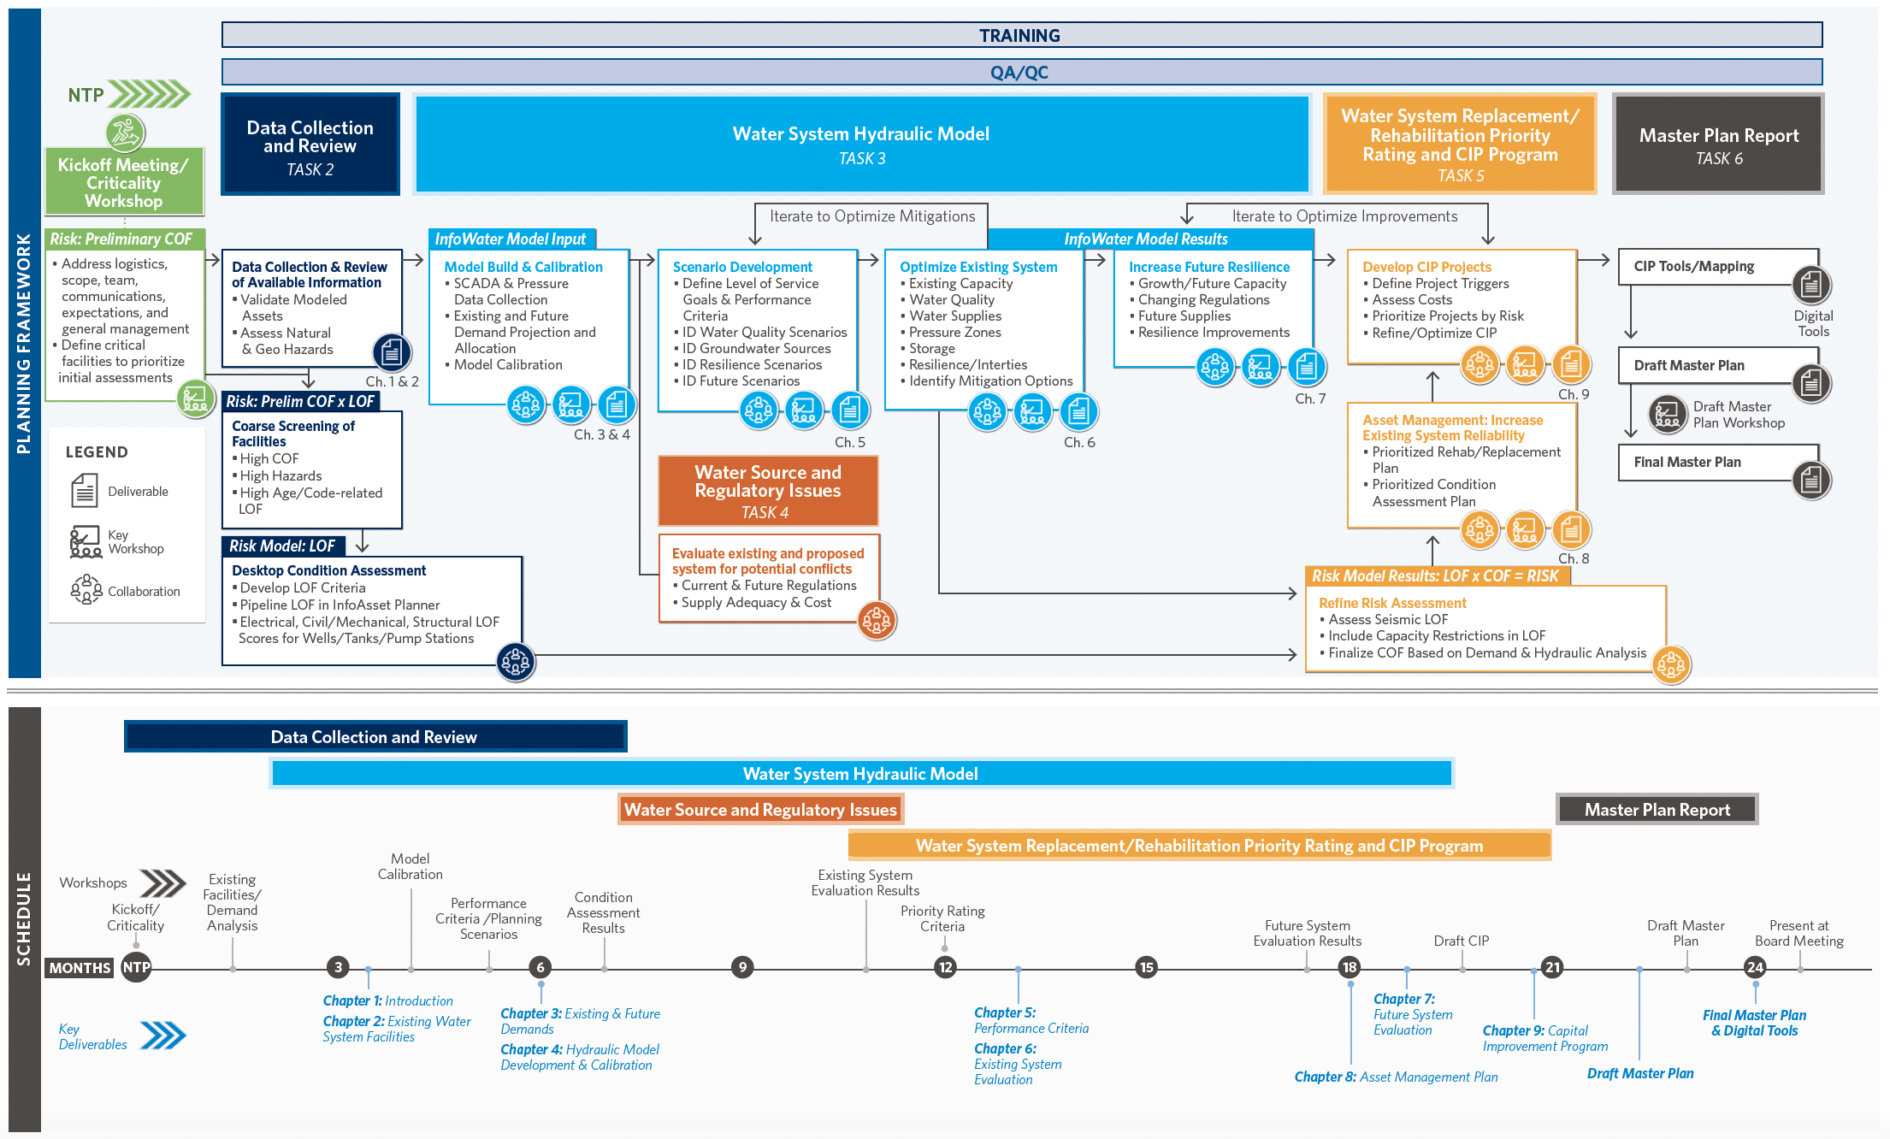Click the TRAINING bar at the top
1021,35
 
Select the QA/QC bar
1021,72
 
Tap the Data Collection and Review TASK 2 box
310,145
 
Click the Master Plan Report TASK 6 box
1718,145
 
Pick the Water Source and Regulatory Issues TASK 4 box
767,491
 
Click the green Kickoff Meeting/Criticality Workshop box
124,182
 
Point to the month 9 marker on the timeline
742,967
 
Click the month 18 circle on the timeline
1350,967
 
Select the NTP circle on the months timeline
136,967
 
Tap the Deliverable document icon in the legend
84,491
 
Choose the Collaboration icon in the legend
86,590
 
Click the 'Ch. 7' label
1310,398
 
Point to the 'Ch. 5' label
850,442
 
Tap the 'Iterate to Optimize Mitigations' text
872,216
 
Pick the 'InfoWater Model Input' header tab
511,239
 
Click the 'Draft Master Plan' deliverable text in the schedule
1640,1073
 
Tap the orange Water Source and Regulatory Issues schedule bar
760,810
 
